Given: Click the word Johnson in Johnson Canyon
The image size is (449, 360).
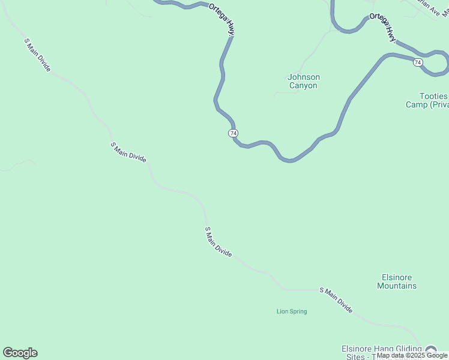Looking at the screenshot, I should tap(304, 77).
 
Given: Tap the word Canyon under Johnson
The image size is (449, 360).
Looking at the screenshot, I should tap(303, 85).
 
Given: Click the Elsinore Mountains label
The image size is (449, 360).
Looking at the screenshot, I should tap(396, 281).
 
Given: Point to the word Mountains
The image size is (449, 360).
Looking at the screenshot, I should tap(396, 286).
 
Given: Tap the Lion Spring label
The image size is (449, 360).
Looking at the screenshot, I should tap(292, 311).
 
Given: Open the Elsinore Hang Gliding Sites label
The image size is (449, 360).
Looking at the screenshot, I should tap(384, 352).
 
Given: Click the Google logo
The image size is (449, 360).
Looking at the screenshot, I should tap(20, 353).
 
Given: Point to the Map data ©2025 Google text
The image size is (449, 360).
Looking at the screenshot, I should tap(412, 356).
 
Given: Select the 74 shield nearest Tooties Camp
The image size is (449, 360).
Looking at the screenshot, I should tap(418, 62).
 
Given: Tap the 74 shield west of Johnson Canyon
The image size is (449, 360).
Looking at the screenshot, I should tap(234, 133).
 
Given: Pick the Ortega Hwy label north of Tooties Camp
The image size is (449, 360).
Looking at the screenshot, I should tap(383, 27).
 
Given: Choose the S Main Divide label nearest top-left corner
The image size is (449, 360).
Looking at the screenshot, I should tap(37, 55).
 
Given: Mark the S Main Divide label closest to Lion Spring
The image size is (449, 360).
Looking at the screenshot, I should tap(336, 300).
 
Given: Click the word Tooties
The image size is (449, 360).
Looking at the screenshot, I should tap(433, 96).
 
